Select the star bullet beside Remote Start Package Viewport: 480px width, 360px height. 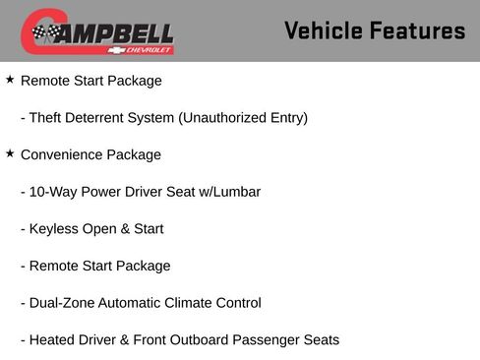[x=10, y=80]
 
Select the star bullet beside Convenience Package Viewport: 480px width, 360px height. [x=10, y=153]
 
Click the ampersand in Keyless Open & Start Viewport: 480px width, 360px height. [x=122, y=229]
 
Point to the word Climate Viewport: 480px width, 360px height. [x=200, y=303]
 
